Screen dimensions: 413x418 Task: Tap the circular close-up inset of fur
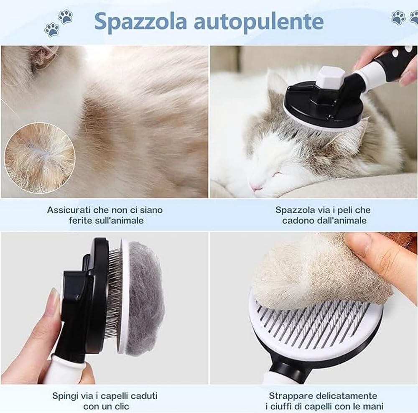[x=40, y=158]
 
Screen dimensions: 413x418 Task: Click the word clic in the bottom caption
[x=121, y=405]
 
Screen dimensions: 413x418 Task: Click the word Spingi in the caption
[x=64, y=395]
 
